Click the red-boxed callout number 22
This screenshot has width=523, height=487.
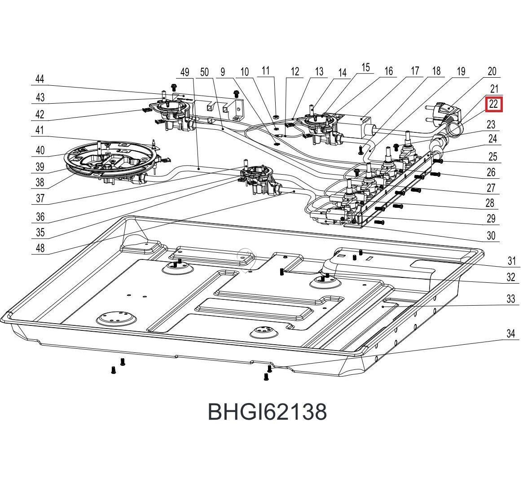click(493, 104)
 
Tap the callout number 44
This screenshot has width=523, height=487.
click(40, 79)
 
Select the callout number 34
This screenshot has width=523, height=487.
click(510, 333)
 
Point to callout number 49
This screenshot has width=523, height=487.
click(185, 72)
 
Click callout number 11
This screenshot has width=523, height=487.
click(266, 70)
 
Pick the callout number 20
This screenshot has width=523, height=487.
click(492, 71)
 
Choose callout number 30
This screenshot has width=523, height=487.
click(491, 236)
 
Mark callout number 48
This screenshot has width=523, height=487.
click(40, 247)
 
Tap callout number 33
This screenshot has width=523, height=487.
click(510, 299)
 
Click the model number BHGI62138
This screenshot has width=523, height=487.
click(267, 411)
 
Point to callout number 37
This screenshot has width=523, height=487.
click(40, 198)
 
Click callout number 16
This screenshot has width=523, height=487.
click(388, 71)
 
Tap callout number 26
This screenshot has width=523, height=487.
click(491, 172)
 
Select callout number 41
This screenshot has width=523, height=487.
click(40, 131)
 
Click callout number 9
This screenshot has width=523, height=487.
click(222, 72)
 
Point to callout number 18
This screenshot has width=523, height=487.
click(436, 71)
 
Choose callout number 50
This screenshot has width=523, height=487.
click(205, 72)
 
